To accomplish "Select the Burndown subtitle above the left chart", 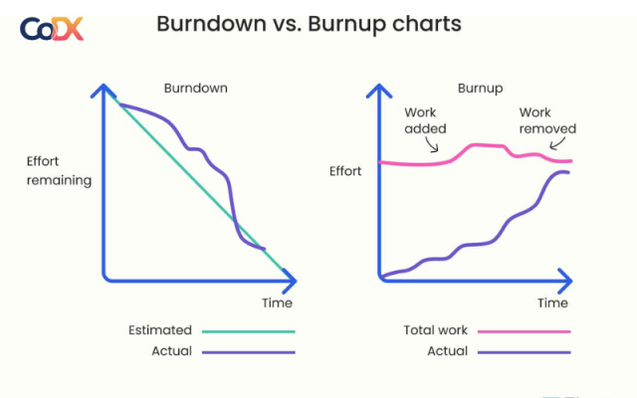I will [x=195, y=88].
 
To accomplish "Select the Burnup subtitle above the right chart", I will [x=478, y=88].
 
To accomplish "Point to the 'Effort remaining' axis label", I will [x=59, y=170].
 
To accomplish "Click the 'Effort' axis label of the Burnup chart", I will [x=345, y=171].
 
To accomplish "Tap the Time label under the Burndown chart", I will [x=277, y=302].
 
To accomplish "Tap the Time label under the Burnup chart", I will [x=552, y=302].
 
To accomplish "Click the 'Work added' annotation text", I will [x=425, y=120].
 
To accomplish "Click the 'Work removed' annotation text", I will [x=547, y=120].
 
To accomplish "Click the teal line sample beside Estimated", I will [x=248, y=331].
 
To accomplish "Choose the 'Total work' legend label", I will [x=435, y=330].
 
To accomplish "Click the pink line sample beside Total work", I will [x=524, y=331].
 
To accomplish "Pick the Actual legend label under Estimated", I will [x=171, y=350].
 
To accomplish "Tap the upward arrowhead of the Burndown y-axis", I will [x=102, y=91].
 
